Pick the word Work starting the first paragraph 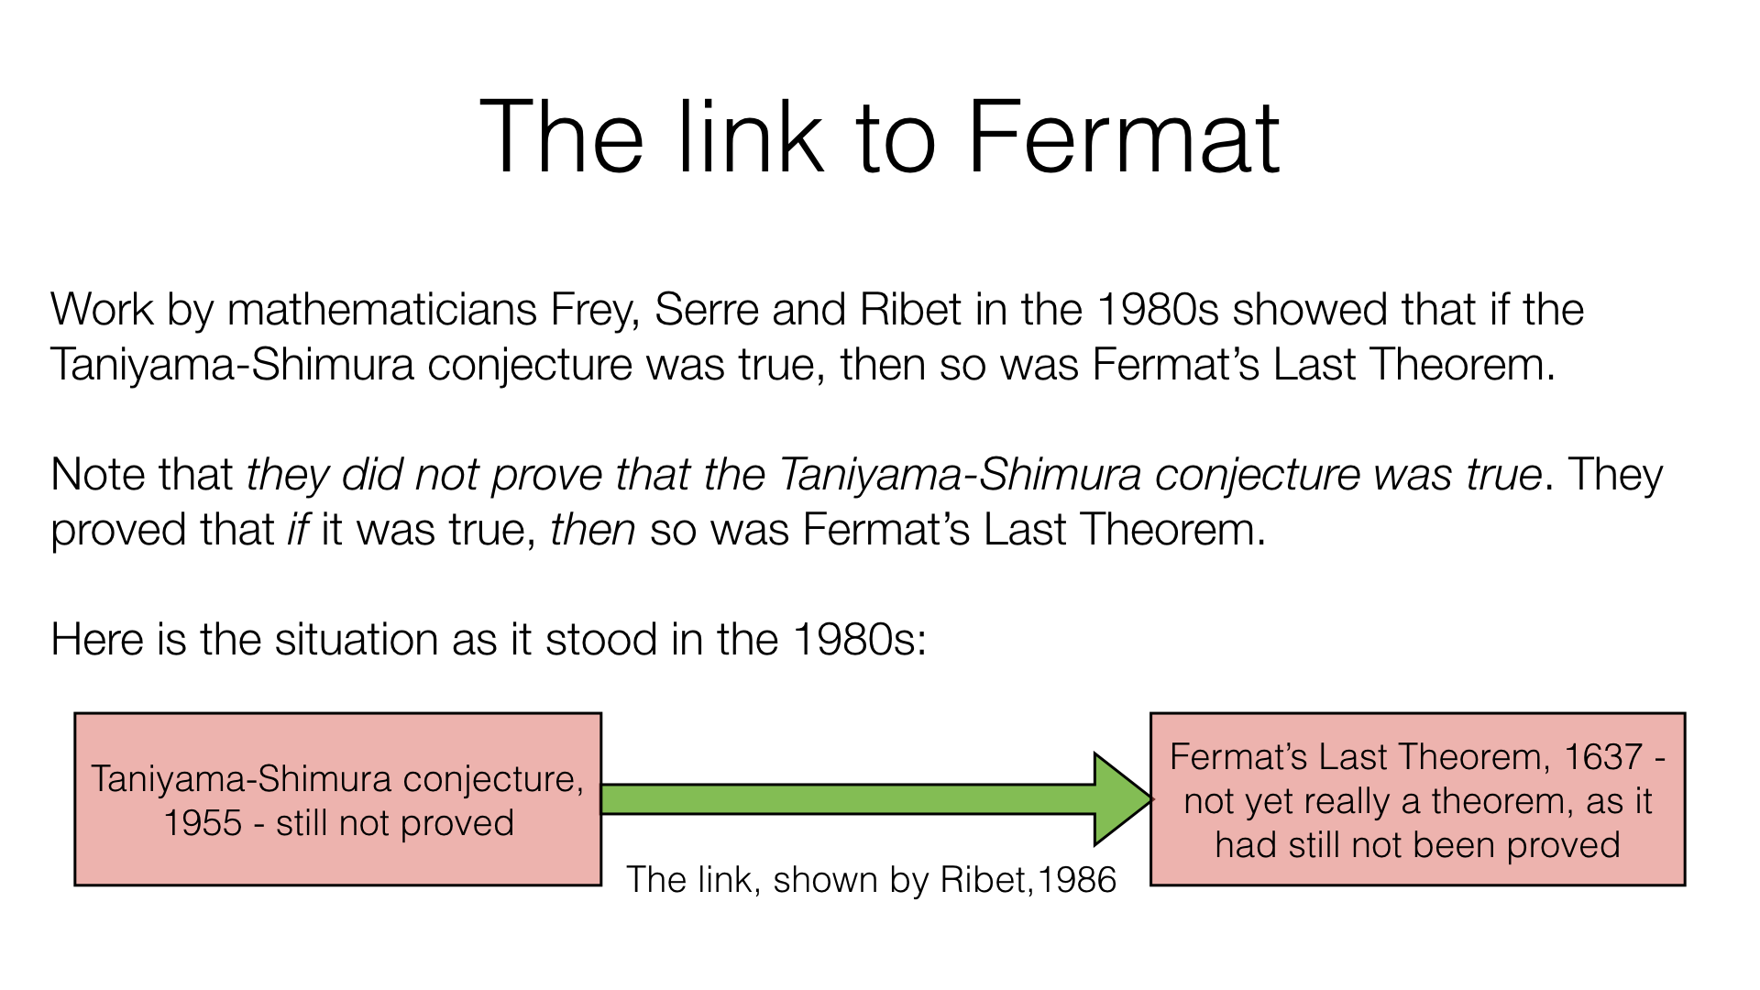101,310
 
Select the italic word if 298,530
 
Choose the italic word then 592,530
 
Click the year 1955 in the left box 203,823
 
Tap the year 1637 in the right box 1603,757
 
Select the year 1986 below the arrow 1077,880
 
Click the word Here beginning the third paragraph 96,640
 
